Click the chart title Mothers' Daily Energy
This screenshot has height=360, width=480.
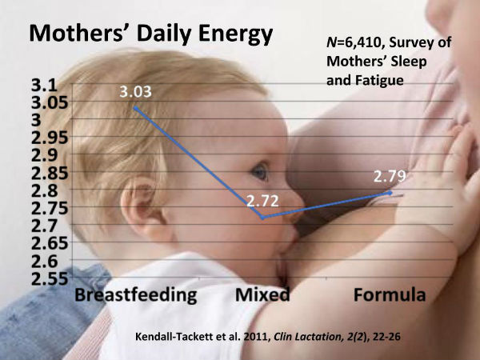150,34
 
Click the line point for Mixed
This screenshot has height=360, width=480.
263,217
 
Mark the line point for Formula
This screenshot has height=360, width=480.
390,192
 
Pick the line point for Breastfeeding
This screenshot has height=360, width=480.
135,107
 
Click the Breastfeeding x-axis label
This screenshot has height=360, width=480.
136,294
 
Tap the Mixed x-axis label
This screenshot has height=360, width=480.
262,294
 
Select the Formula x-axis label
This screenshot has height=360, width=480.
390,294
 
